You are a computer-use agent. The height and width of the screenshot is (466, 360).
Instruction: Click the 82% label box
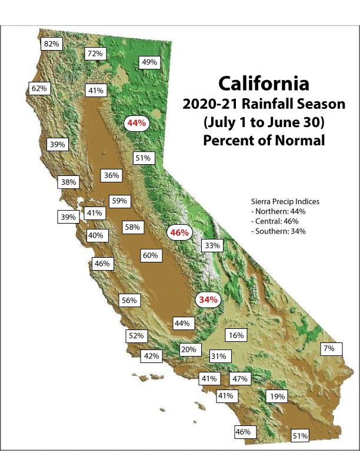(52, 44)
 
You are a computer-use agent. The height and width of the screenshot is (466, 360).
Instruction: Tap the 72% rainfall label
(95, 54)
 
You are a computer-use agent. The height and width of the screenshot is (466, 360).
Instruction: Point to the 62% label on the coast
(39, 88)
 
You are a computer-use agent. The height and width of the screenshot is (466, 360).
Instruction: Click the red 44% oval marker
(136, 123)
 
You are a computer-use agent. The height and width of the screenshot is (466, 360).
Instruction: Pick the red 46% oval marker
(179, 232)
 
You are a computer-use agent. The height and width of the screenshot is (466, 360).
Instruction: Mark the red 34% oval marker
(208, 299)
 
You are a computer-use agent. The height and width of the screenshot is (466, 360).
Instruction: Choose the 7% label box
(328, 348)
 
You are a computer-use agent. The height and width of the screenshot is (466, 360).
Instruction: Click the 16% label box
(236, 335)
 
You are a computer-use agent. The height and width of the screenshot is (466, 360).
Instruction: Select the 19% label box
(277, 397)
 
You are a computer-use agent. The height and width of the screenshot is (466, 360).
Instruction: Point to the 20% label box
(188, 349)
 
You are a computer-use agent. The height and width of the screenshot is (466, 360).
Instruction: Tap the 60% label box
(150, 255)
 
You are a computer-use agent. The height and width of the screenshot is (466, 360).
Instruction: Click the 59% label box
(119, 201)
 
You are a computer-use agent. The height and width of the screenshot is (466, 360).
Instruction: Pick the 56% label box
(129, 300)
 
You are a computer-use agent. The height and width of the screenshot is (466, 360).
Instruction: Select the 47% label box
(240, 378)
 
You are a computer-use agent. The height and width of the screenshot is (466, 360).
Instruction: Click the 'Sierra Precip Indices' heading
(285, 201)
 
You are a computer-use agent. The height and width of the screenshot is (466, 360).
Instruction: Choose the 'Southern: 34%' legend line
(278, 231)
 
